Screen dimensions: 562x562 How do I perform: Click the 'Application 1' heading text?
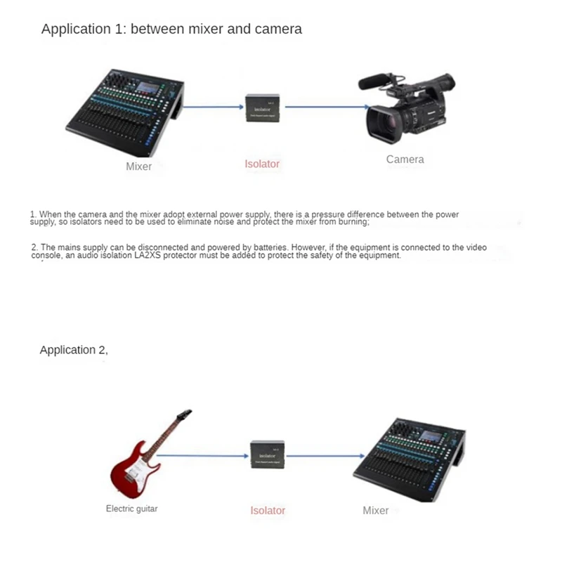point(171,29)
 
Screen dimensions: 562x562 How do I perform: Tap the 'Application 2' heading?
point(74,350)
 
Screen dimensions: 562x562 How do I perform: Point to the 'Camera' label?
point(405,159)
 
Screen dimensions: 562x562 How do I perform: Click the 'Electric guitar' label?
point(131,509)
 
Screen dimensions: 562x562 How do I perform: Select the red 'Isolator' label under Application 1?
point(262,164)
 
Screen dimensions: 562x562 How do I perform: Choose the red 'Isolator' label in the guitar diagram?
point(268,511)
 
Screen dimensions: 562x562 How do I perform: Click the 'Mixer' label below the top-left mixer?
point(138,166)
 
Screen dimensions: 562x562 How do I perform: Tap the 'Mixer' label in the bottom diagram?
point(375,511)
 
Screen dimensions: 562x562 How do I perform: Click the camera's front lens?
point(379,122)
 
